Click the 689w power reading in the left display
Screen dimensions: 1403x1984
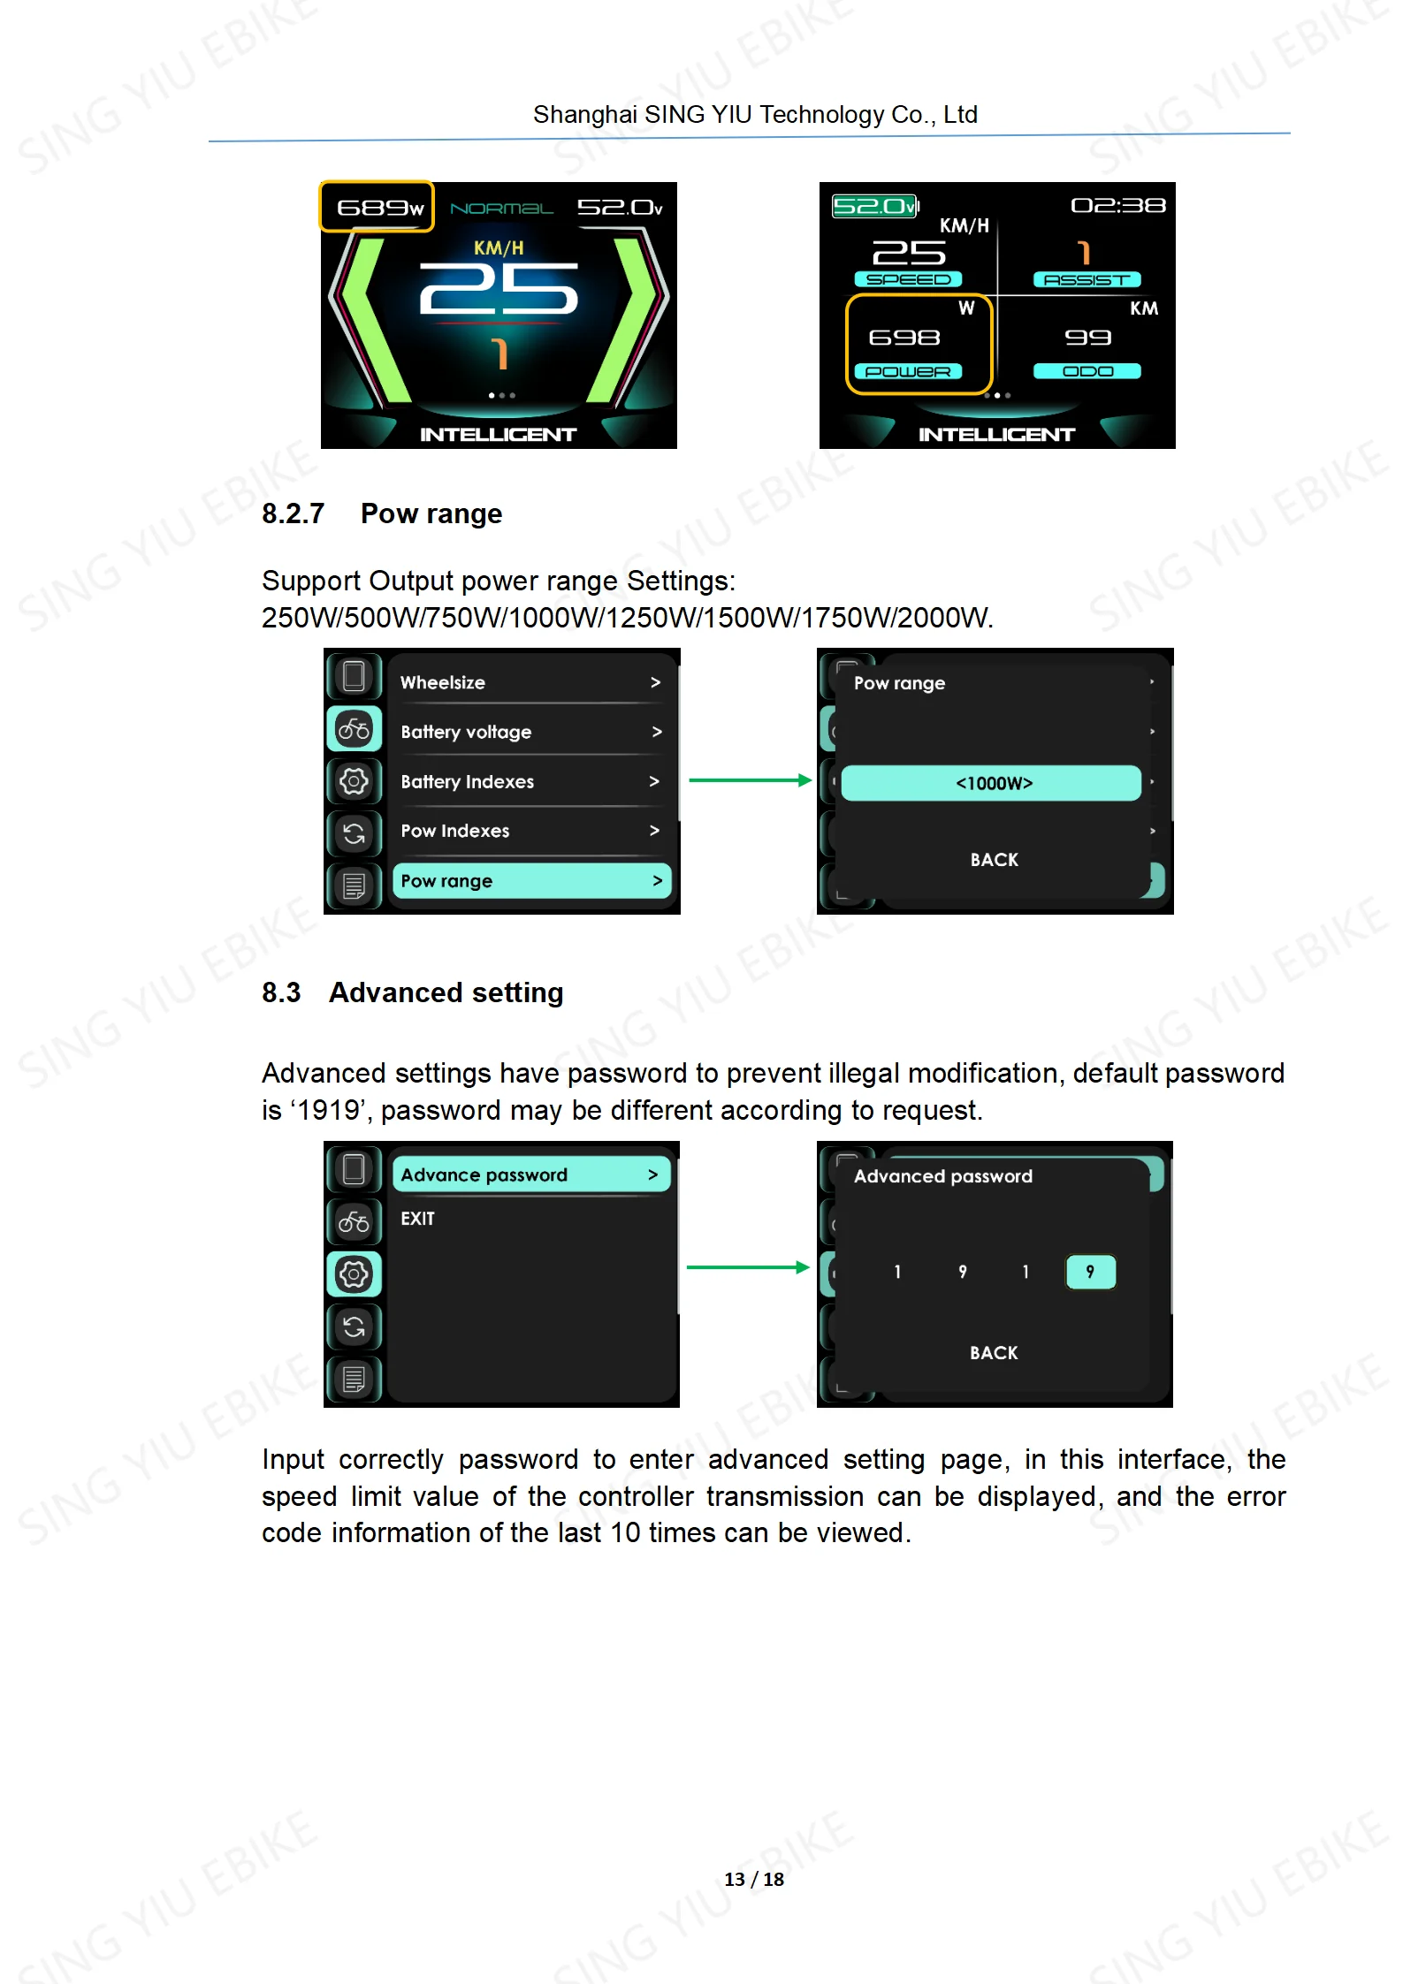coord(380,208)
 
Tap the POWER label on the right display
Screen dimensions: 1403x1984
coord(908,372)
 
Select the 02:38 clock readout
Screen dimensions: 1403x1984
coord(1118,206)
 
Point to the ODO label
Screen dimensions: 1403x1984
coord(1087,371)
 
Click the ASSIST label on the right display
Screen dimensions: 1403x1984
coord(1087,280)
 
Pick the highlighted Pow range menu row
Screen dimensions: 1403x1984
coord(531,881)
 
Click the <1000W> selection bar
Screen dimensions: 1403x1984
coord(991,783)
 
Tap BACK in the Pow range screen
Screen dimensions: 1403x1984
coord(995,860)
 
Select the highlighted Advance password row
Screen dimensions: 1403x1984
coord(531,1174)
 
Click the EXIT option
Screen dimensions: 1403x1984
coord(417,1219)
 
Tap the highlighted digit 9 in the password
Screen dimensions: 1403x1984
coord(1091,1272)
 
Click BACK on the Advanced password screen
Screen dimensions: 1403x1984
coord(994,1353)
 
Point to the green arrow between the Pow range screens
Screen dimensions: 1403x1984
coord(750,780)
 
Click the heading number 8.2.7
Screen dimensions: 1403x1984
coord(294,513)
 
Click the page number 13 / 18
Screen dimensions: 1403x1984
coord(754,1879)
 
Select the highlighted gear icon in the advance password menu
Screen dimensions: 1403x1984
coord(354,1274)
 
